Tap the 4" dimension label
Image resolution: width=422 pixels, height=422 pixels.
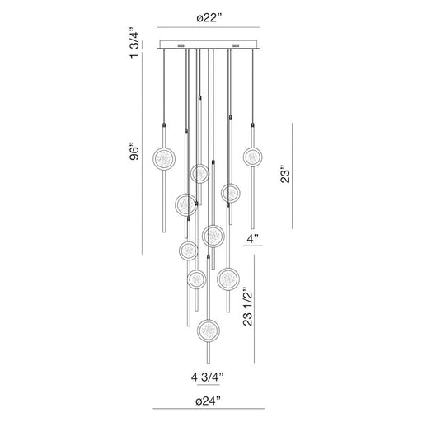256,239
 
